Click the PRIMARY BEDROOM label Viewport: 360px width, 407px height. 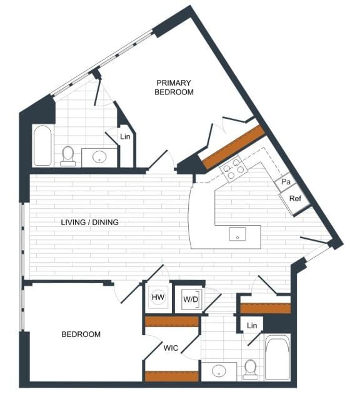tap(174, 87)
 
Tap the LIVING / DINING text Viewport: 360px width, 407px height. tap(90, 223)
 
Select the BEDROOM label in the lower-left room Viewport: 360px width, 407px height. tap(81, 334)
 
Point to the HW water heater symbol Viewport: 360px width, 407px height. tap(158, 298)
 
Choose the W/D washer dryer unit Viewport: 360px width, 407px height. tap(190, 298)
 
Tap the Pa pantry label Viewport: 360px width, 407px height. tap(285, 182)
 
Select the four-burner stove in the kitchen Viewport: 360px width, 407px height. tap(232, 169)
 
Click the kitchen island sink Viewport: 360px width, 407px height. tap(237, 234)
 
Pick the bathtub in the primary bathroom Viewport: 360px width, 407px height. tap(42, 146)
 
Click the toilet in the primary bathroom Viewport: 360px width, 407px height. tap(68, 155)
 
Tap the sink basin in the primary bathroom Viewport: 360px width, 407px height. tap(99, 156)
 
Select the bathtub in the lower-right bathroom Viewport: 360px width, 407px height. tap(277, 358)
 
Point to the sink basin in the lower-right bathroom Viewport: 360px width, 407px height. tap(219, 371)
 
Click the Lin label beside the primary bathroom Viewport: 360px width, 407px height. tap(125, 136)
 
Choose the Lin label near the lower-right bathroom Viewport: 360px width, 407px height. tap(252, 326)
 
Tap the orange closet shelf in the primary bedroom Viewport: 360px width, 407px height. tap(234, 147)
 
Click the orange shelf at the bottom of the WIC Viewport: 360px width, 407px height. tap(171, 376)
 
